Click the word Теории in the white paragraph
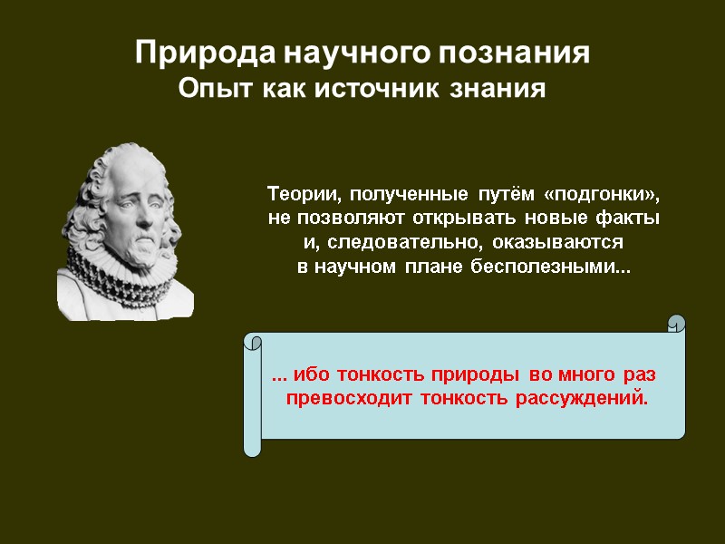tap(304, 195)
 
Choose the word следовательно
tap(410, 243)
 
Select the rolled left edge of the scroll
tap(253, 395)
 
